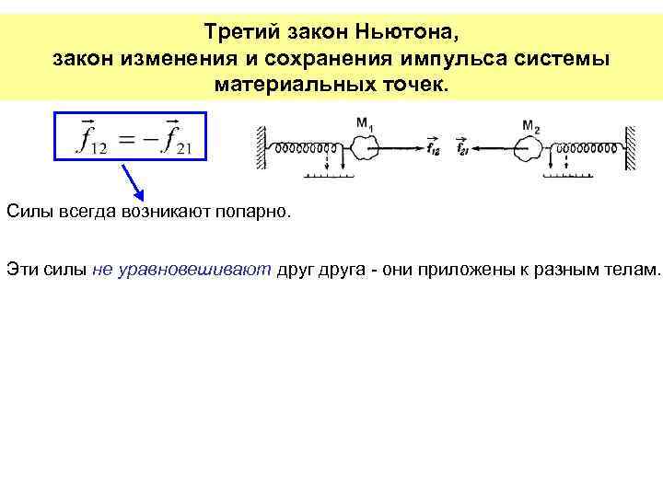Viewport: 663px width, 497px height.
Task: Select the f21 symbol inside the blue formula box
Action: point(180,139)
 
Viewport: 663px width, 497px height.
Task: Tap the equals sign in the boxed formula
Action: point(132,138)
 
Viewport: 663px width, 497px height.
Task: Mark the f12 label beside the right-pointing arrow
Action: point(434,146)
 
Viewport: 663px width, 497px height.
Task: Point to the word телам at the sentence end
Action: point(635,269)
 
